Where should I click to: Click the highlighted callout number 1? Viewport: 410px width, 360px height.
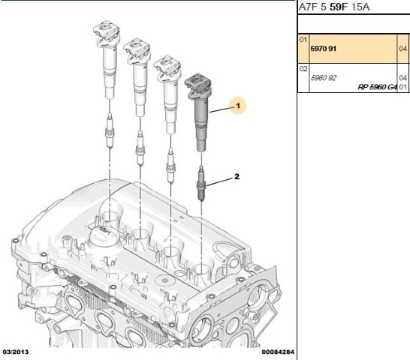(238, 106)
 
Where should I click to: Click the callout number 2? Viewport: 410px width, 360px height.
(237, 177)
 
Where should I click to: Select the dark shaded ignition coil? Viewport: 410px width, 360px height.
(198, 113)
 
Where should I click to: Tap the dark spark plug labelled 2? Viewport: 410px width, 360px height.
(200, 184)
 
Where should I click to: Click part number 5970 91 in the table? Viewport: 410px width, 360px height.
(323, 49)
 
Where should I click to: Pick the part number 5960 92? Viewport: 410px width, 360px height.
(323, 78)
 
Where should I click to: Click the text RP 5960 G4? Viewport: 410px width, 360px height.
(377, 87)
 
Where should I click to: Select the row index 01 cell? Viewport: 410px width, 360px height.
(303, 40)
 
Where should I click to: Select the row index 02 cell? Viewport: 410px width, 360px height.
(303, 69)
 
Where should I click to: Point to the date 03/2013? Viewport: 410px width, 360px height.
(16, 352)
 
